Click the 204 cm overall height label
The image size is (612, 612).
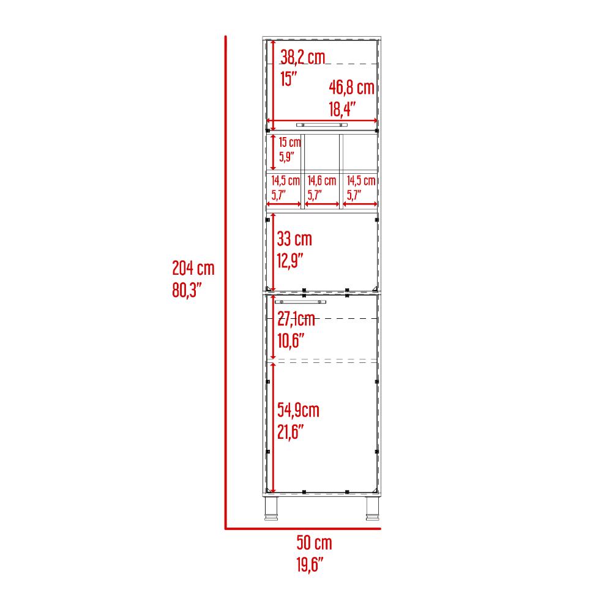coord(193,268)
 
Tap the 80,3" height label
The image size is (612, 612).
coord(187,290)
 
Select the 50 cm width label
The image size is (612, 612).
coord(314,542)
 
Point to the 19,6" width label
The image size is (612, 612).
coord(310,564)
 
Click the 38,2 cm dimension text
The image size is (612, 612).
coord(302,57)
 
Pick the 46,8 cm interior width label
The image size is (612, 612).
coord(352,87)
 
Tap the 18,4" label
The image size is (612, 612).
coord(342,109)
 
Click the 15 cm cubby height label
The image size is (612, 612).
coord(289,142)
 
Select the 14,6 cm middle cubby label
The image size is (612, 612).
coord(322,181)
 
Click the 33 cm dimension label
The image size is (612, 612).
coord(294,239)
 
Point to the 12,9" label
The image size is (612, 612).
coord(290,261)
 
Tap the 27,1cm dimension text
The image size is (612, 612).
coord(296,319)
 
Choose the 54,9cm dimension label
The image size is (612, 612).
coord(298,410)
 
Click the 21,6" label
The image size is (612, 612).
coord(290,432)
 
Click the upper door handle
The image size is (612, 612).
coord(322,125)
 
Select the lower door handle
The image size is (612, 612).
coord(300,302)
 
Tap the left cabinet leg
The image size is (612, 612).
coord(271,508)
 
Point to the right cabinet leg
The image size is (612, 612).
coord(372,508)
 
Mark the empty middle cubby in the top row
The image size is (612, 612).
coord(322,152)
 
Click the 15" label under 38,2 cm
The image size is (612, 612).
coord(288,79)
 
